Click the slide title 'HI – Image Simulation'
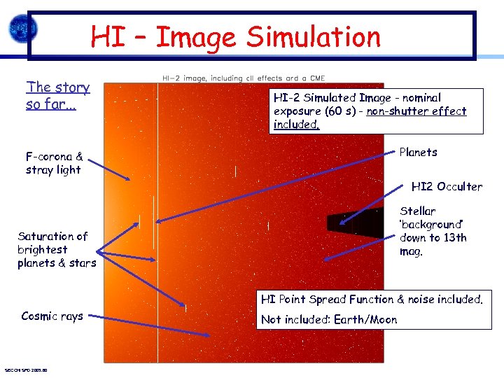click(x=235, y=36)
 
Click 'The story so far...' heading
click(x=58, y=96)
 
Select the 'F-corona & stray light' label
click(x=54, y=163)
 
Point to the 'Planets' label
click(x=418, y=152)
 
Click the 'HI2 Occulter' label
click(x=447, y=186)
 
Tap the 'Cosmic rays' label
click(x=52, y=316)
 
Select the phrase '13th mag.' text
click(x=433, y=244)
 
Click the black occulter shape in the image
click(x=350, y=223)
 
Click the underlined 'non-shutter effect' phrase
click(x=417, y=111)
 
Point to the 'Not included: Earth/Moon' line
click(x=328, y=320)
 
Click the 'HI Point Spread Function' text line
click(x=323, y=300)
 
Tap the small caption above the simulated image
click(x=243, y=78)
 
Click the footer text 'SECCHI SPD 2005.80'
click(x=25, y=370)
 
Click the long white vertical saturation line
click(x=157, y=280)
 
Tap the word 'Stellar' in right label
click(x=417, y=211)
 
